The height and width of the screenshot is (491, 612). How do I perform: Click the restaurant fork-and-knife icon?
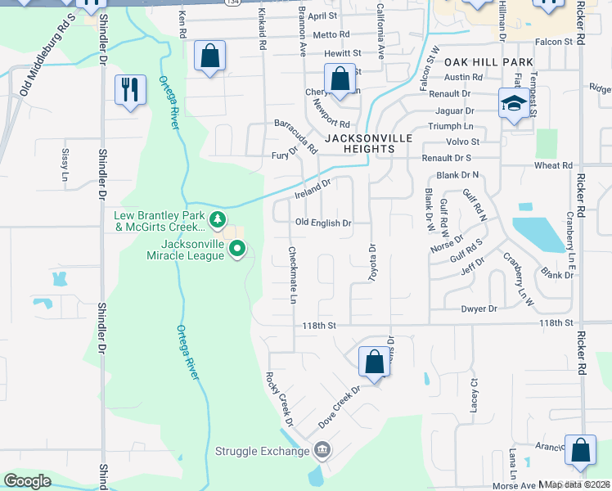130,89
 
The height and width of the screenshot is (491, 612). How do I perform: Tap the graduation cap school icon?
513,104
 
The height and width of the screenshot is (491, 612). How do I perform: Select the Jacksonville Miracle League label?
181,250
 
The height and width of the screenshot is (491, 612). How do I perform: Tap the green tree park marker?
217,218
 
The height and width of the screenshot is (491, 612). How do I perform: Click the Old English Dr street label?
323,223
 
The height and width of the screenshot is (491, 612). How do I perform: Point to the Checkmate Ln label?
292,276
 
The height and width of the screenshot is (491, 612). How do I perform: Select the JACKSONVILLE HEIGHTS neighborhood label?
368,144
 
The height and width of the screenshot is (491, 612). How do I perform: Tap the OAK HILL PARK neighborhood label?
489,62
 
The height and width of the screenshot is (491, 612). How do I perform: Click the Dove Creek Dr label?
340,400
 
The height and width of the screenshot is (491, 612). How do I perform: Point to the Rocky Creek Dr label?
279,399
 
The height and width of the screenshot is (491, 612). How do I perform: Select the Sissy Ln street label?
65,164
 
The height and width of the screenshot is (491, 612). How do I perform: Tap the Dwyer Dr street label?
479,309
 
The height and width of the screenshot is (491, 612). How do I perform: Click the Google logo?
27,481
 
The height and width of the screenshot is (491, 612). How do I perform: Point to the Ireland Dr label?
312,190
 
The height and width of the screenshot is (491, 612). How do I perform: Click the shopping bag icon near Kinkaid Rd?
210,56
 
